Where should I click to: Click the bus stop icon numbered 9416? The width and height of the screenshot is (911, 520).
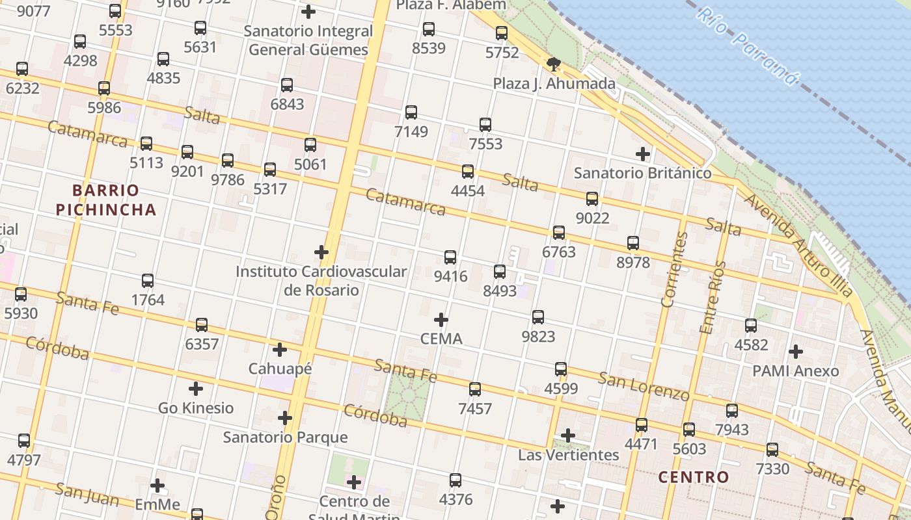tap(450, 257)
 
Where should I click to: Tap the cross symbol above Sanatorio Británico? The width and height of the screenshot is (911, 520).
tap(643, 154)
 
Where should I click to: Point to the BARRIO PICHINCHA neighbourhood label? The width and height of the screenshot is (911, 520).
tap(106, 200)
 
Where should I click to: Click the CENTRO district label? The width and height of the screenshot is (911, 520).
tap(694, 477)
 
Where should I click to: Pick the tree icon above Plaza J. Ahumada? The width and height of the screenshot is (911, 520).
tap(553, 64)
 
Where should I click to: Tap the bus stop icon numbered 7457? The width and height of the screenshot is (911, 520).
tap(475, 389)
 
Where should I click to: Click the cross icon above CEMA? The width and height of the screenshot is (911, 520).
tap(441, 320)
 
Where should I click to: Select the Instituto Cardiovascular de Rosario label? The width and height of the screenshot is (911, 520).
tap(321, 280)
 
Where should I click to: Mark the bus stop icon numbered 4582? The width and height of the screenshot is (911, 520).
tap(751, 326)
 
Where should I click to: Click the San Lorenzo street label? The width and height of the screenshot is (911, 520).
tap(644, 386)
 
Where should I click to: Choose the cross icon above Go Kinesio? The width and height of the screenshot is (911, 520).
tap(196, 389)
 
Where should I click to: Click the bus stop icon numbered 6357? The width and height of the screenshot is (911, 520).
tap(202, 324)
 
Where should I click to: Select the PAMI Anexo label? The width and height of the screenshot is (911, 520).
tap(795, 371)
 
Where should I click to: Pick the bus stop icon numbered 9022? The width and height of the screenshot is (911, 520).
tap(592, 199)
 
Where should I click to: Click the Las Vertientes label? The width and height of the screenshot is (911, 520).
tap(568, 454)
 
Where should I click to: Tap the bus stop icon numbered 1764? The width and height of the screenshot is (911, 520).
tap(148, 281)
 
